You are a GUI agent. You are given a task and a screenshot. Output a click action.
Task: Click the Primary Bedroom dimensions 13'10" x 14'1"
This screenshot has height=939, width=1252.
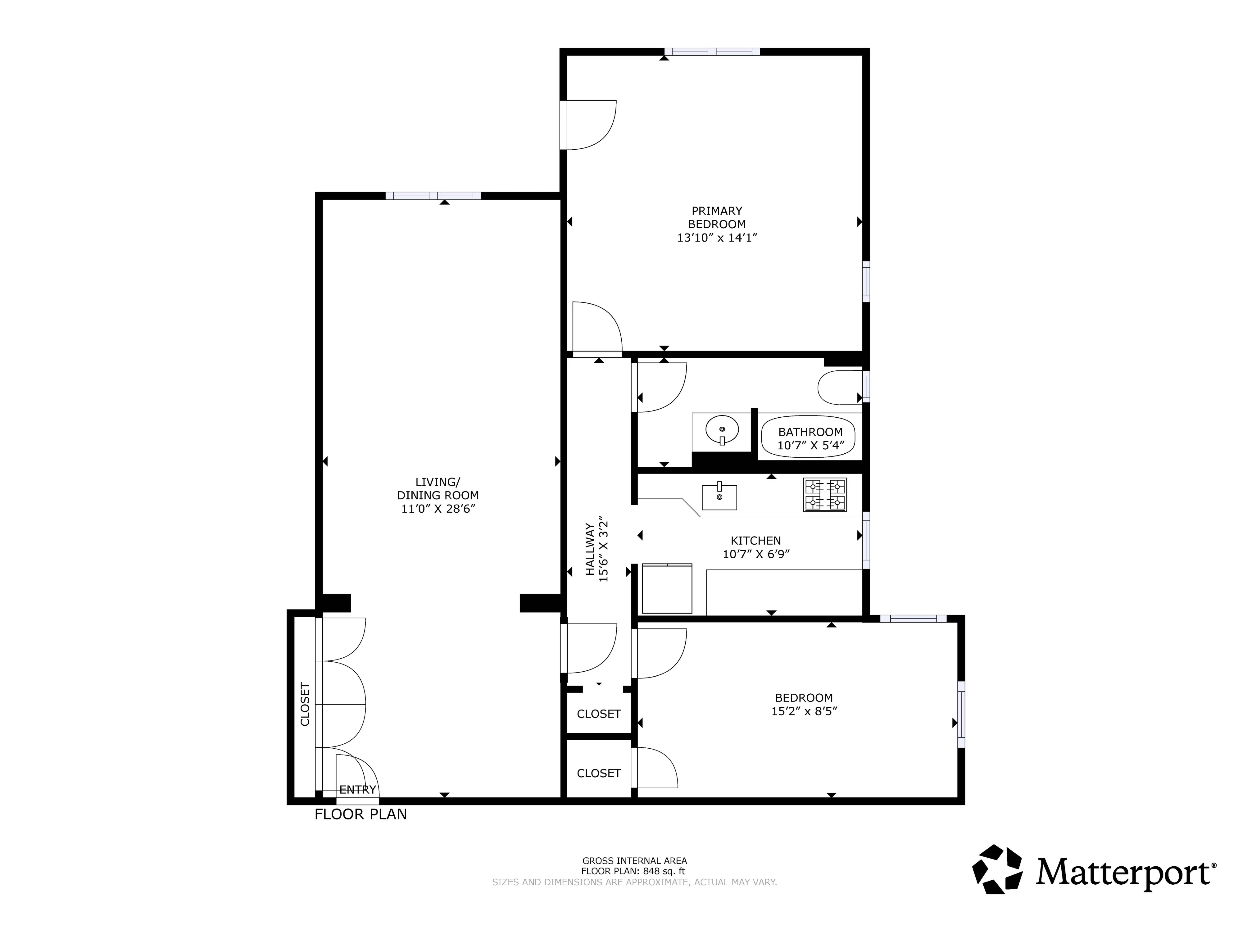(717, 238)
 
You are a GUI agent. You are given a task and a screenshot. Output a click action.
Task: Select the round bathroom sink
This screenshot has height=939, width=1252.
(722, 430)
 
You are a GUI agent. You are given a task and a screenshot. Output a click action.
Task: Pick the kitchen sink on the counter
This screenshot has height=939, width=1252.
(719, 497)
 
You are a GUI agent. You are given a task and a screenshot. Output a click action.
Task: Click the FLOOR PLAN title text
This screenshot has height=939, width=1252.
(361, 814)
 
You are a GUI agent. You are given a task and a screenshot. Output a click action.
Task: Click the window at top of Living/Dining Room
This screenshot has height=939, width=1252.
(433, 196)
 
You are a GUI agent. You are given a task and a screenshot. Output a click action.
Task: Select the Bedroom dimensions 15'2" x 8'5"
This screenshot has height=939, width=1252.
(804, 711)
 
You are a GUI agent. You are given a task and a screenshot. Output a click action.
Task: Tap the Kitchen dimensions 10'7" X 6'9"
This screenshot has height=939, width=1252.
(755, 554)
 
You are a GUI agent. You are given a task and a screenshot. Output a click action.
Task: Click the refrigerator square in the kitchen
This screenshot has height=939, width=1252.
(667, 589)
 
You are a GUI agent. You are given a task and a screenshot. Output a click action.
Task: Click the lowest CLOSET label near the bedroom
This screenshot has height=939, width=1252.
(599, 773)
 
